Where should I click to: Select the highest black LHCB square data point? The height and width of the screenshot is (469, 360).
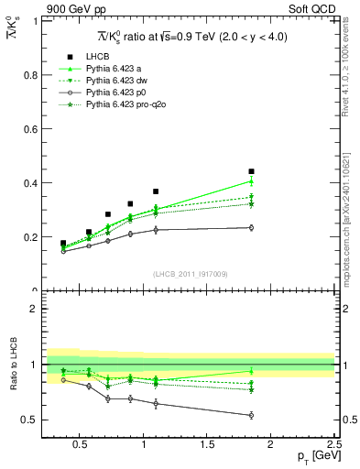pos(251,171)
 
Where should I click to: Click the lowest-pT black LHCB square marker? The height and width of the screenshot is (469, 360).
pos(63,244)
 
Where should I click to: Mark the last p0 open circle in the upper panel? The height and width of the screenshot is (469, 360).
pos(251,228)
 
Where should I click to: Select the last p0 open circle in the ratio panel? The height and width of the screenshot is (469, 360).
pos(251,415)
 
